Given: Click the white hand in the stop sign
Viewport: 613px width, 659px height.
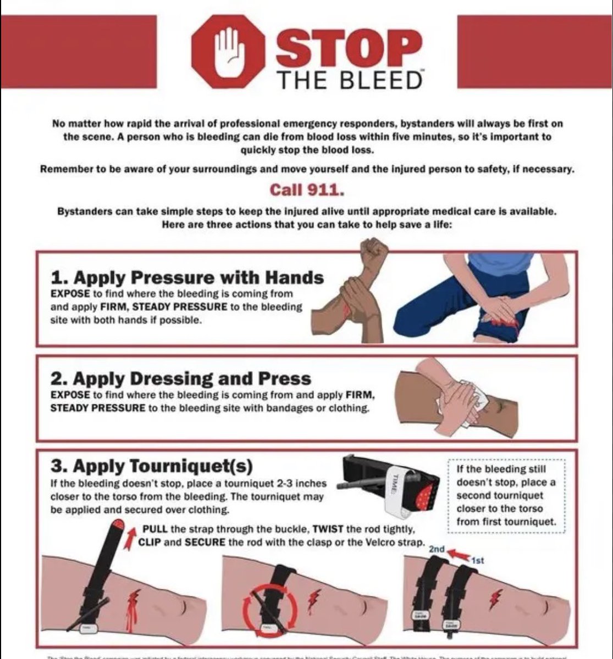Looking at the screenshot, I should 228,52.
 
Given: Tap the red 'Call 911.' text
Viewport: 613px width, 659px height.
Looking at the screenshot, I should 306,189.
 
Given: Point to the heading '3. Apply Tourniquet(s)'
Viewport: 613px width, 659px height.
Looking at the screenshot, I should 152,466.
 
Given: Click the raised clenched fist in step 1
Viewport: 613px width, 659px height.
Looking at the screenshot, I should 373,252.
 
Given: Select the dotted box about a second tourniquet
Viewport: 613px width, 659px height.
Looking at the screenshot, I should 506,495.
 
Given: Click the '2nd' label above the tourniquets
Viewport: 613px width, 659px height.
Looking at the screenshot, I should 436,549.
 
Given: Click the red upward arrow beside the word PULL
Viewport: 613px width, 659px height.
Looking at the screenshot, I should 130,537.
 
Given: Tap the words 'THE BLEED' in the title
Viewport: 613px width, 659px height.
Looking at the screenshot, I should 350,80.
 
